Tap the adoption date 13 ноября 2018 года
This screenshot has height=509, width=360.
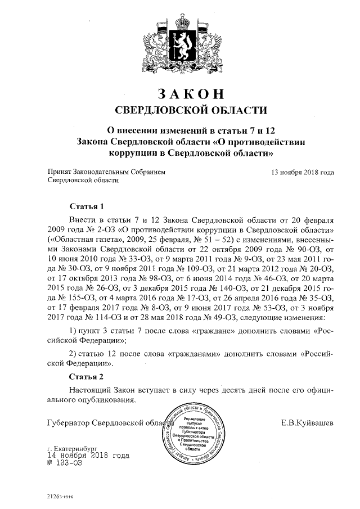coord(303,172)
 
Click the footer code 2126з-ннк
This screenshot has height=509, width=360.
coord(60,497)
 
